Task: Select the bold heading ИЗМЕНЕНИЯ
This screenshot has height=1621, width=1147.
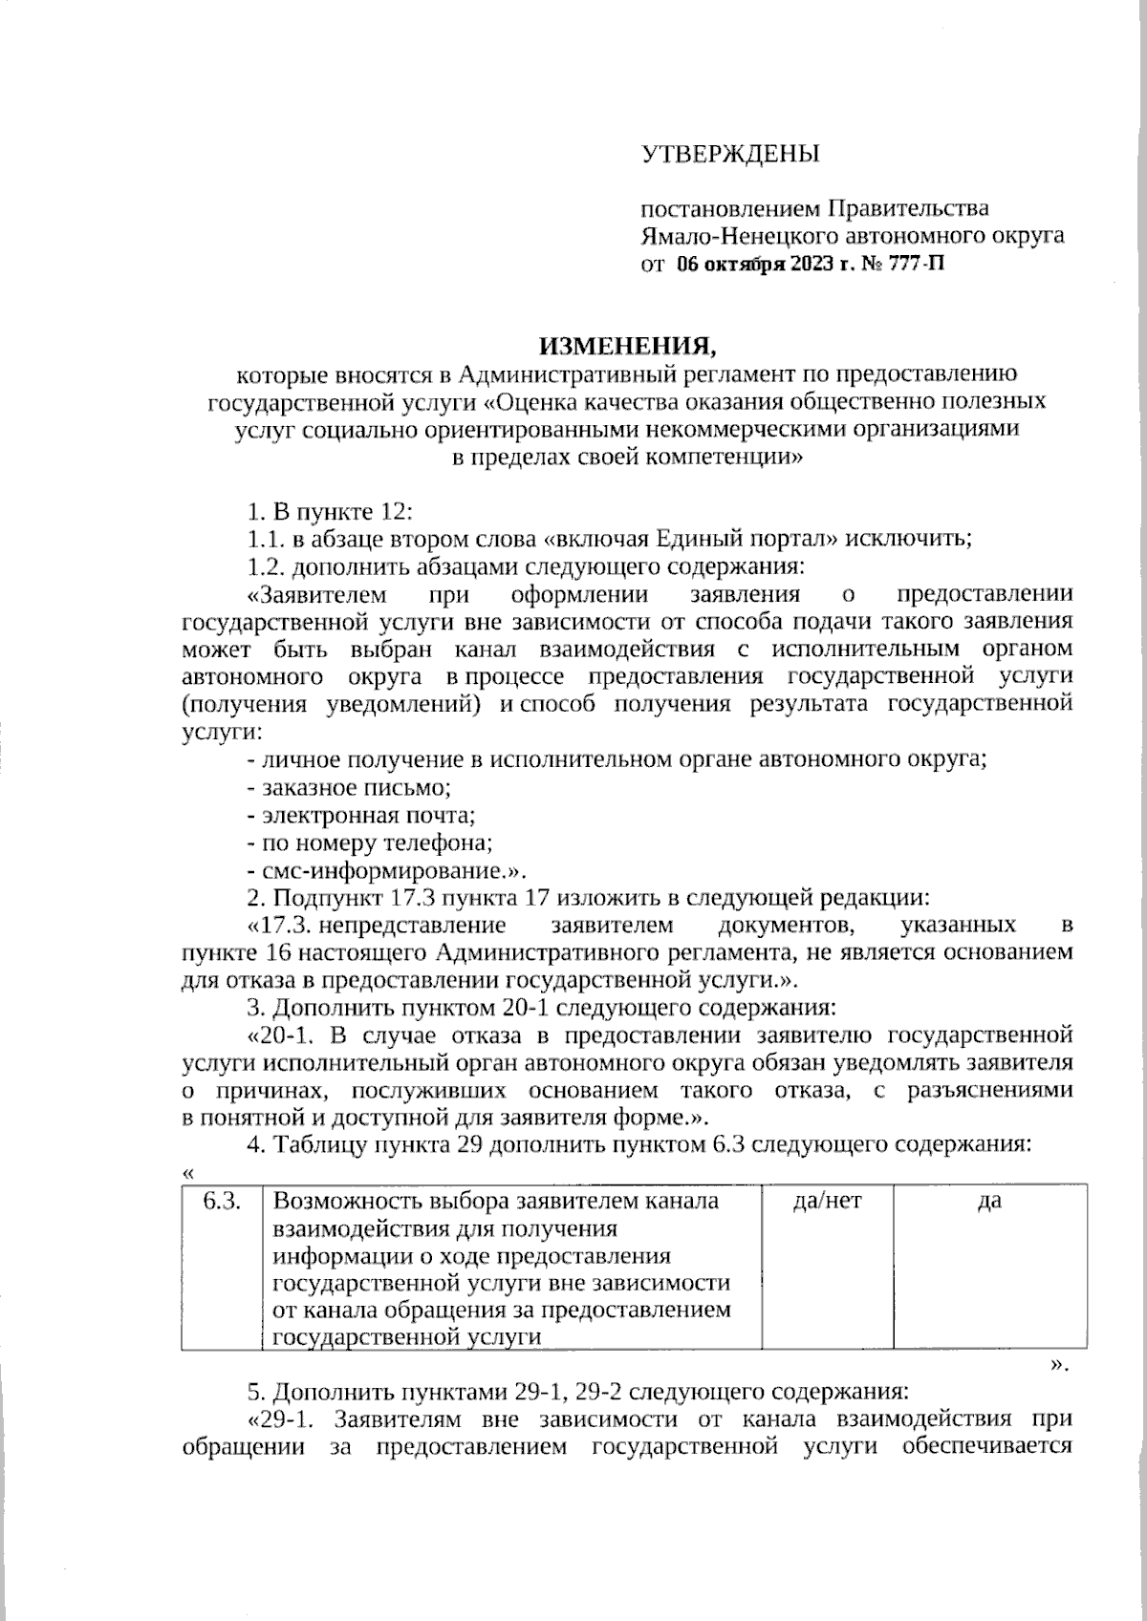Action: click(x=625, y=344)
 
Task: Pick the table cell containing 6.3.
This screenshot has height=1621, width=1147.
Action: click(x=221, y=1267)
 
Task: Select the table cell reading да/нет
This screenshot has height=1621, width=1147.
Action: click(x=827, y=1267)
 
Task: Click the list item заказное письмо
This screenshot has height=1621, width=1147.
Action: click(x=350, y=788)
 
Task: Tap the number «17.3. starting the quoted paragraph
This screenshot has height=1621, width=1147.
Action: click(x=281, y=925)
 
